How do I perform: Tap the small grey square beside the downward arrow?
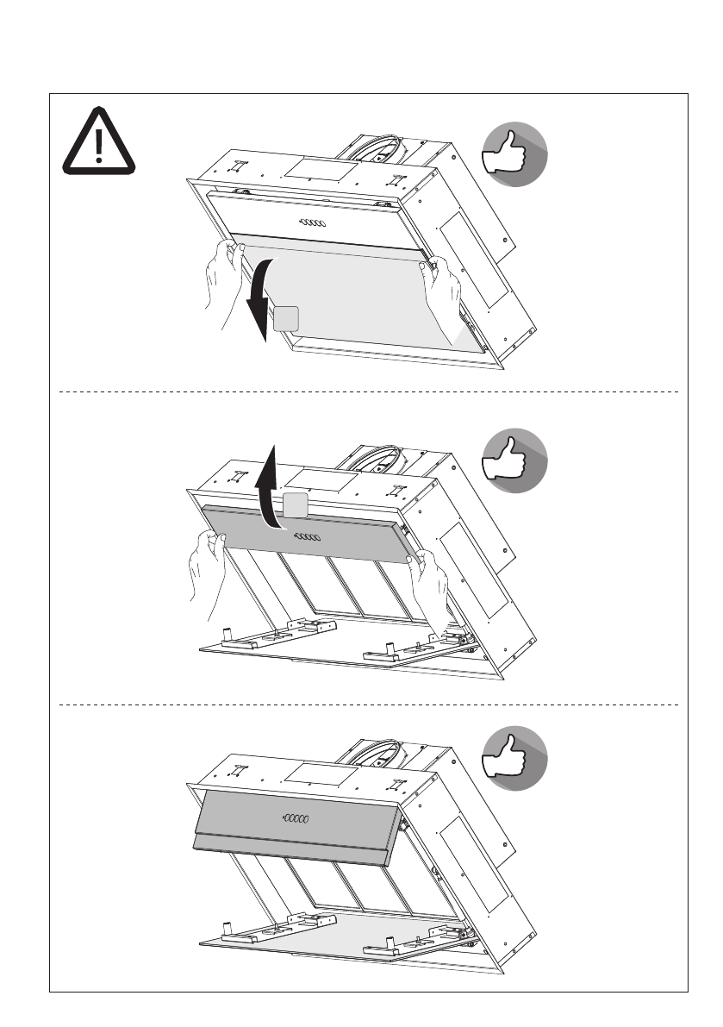coord(287,319)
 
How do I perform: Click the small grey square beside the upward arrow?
coord(296,506)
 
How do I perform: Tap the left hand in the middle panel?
coord(204,569)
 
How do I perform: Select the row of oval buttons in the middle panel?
coord(308,536)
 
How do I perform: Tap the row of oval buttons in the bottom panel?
coord(298,817)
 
